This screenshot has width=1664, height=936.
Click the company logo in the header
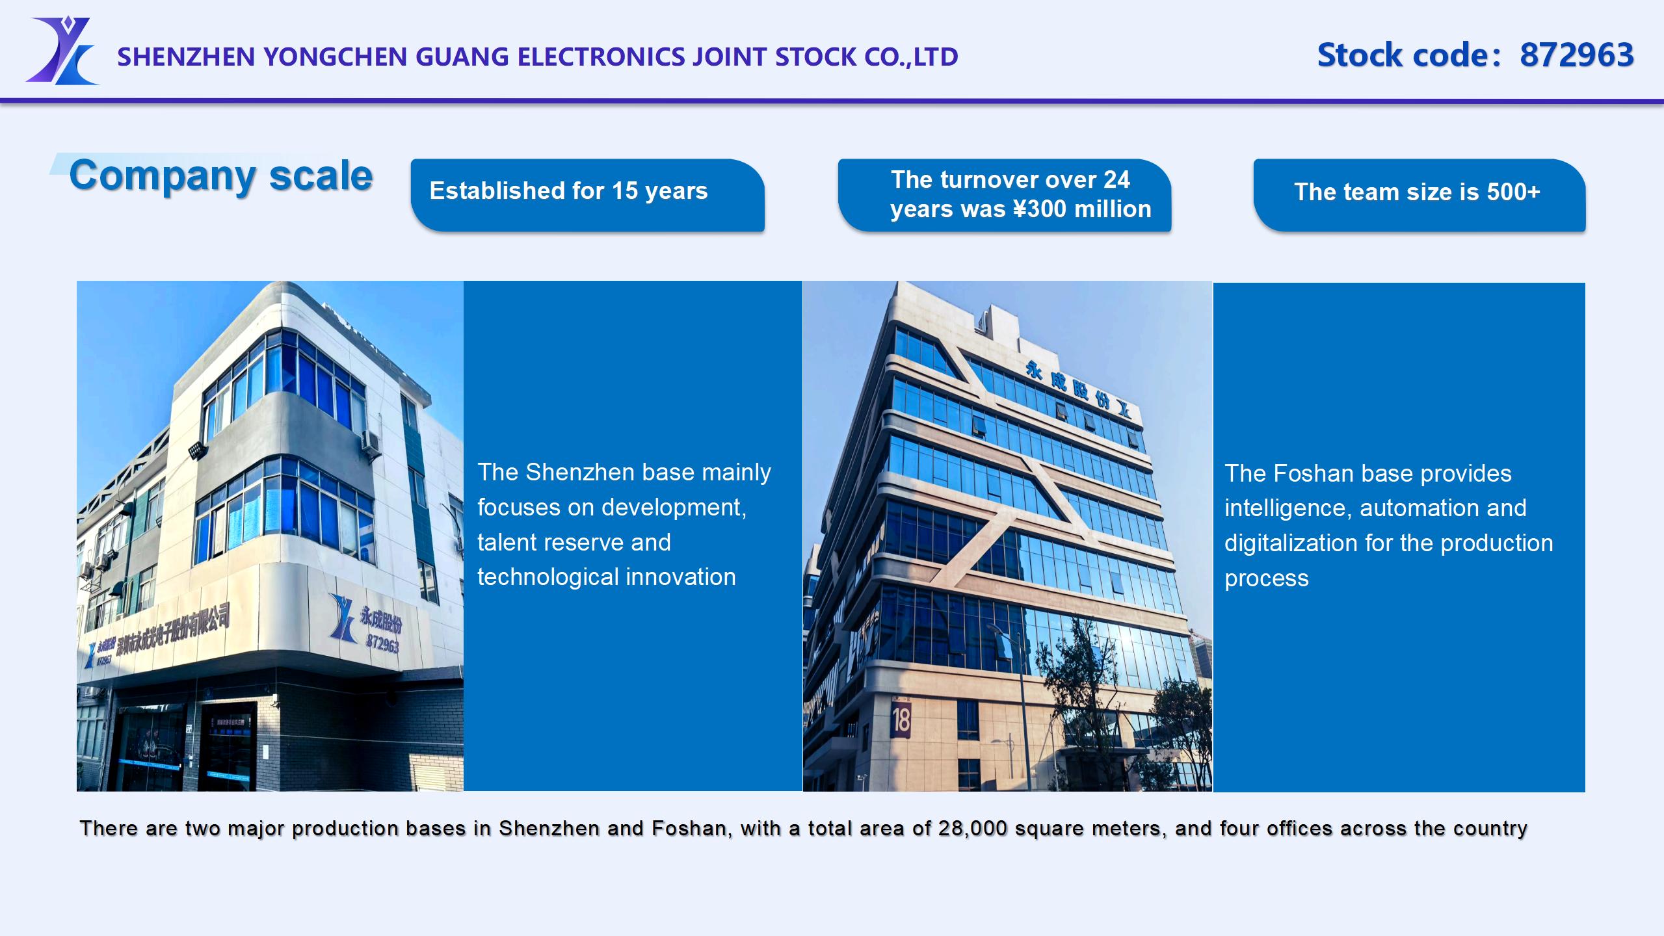point(62,51)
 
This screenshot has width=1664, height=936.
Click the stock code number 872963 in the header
point(1577,55)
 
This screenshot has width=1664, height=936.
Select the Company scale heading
point(221,175)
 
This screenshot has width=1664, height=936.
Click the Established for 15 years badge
point(587,194)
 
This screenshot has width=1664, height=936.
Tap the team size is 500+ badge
point(1419,194)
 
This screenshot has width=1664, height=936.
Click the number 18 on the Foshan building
point(901,720)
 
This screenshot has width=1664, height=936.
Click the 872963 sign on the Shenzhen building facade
point(382,643)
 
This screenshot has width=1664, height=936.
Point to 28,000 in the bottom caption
point(973,828)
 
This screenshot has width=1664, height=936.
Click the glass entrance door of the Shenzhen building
point(224,747)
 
